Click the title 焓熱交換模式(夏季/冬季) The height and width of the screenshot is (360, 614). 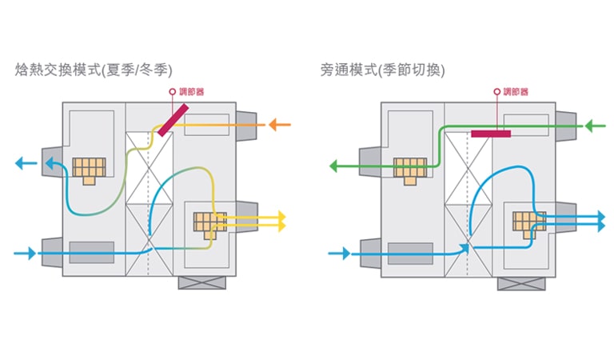[94, 70]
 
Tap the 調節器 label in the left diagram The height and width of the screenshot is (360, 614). [190, 92]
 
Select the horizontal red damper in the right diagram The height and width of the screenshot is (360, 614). [492, 134]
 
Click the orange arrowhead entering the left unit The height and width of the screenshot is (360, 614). [273, 125]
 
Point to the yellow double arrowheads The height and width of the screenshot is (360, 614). [280, 222]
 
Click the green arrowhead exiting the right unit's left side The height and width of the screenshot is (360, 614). [336, 166]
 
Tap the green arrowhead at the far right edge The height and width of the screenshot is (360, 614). [590, 126]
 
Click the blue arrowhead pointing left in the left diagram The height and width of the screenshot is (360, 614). [20, 164]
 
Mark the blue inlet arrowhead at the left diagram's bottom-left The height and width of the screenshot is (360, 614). [31, 254]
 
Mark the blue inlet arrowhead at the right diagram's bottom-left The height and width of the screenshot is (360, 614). [345, 254]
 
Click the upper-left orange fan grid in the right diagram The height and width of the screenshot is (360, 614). [409, 169]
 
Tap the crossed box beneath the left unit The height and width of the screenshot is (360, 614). [196, 282]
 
